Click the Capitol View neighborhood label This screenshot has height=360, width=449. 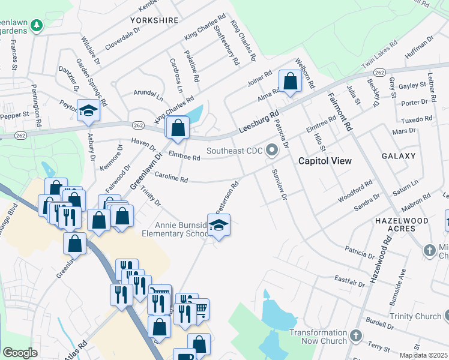[x=325, y=161]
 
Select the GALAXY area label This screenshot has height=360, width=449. [x=398, y=156]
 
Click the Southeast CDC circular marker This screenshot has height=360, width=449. [x=272, y=150]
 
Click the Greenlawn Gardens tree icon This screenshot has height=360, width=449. [x=38, y=25]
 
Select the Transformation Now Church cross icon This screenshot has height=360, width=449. [x=356, y=334]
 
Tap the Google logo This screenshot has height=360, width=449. [x=20, y=353]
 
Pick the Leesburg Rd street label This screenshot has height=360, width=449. [x=259, y=121]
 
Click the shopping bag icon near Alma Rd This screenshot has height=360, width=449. [x=290, y=80]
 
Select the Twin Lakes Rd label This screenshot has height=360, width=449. [x=379, y=54]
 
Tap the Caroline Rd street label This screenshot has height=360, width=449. [x=172, y=178]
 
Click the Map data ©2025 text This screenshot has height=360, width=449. [x=423, y=355]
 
